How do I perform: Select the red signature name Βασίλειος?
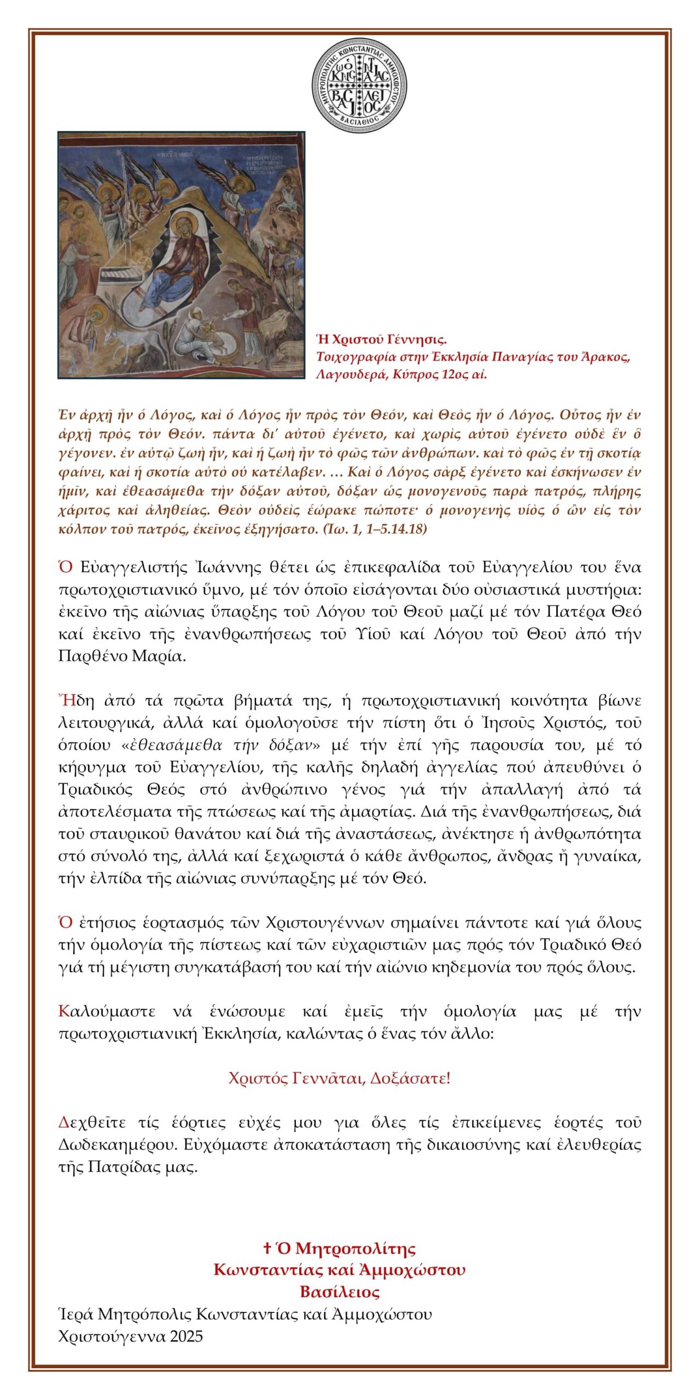(x=340, y=1292)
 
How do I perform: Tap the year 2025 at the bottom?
(x=186, y=1337)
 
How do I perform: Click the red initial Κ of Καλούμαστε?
(x=63, y=1011)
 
